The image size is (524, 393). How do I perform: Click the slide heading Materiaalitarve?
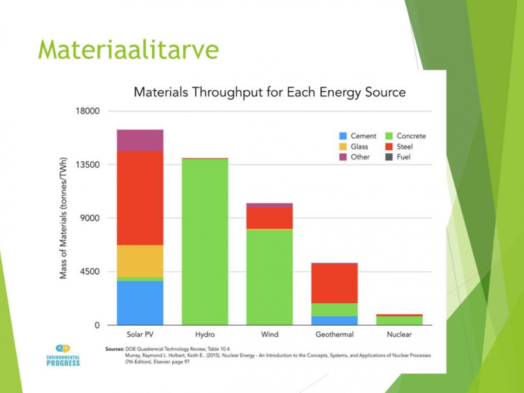coord(128,49)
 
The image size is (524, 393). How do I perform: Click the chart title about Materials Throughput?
coord(269,92)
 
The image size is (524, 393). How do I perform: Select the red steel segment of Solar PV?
coord(140,198)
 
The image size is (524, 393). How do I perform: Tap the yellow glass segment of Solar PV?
coord(140,261)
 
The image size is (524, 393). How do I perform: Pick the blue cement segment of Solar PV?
coord(140,303)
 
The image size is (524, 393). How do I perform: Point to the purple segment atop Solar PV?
coord(140,140)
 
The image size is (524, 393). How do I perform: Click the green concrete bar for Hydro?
coord(205,243)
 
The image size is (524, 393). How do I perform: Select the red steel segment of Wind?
coord(269,218)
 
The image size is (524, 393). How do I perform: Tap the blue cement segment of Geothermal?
coord(334,321)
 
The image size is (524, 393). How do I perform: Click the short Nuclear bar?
coord(399,320)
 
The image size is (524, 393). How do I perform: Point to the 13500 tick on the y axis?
coord(89,164)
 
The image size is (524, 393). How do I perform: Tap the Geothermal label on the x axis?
coord(334,334)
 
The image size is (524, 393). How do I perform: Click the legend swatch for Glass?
coord(343,147)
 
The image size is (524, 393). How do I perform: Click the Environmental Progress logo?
coord(63,355)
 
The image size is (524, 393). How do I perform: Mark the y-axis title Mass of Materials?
coord(64,218)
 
